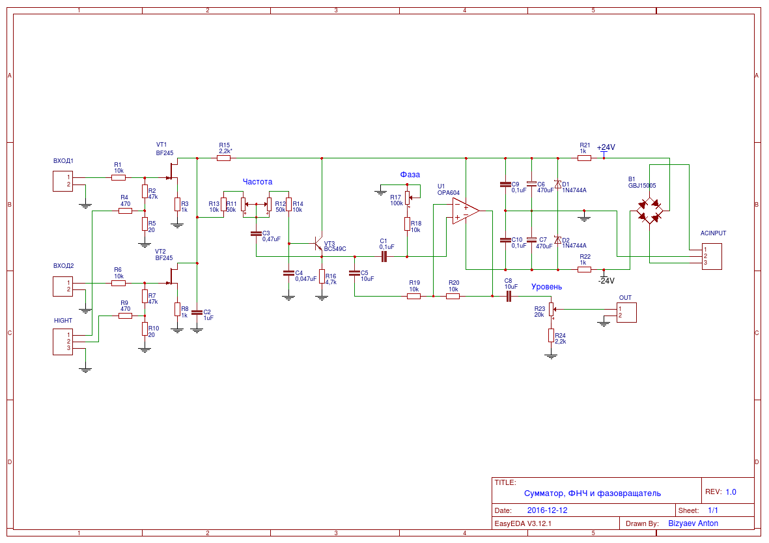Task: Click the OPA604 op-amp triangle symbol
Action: pyautogui.click(x=466, y=211)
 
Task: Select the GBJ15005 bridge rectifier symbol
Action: pyautogui.click(x=649, y=211)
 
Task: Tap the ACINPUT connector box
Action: pyautogui.click(x=712, y=256)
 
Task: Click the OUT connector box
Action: pyautogui.click(x=626, y=312)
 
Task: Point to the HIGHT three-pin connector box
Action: pyautogui.click(x=63, y=342)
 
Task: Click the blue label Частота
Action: pyautogui.click(x=257, y=182)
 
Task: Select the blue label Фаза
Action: pyautogui.click(x=410, y=174)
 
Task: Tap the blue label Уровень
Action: pyautogui.click(x=546, y=287)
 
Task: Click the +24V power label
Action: pyautogui.click(x=606, y=147)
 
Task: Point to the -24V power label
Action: pyautogui.click(x=606, y=281)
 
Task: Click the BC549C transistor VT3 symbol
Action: pyautogui.click(x=318, y=244)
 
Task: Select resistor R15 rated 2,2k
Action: pyautogui.click(x=223, y=158)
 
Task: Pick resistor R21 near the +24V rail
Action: pyautogui.click(x=584, y=158)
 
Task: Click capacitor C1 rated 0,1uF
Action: pyautogui.click(x=384, y=256)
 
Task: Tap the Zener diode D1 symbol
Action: pyautogui.click(x=557, y=184)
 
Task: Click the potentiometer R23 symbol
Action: pyautogui.click(x=552, y=309)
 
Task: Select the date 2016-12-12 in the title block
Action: pyautogui.click(x=548, y=510)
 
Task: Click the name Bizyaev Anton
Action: pyautogui.click(x=693, y=523)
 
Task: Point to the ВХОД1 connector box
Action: pyautogui.click(x=63, y=181)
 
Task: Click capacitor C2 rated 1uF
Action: pyautogui.click(x=197, y=312)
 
